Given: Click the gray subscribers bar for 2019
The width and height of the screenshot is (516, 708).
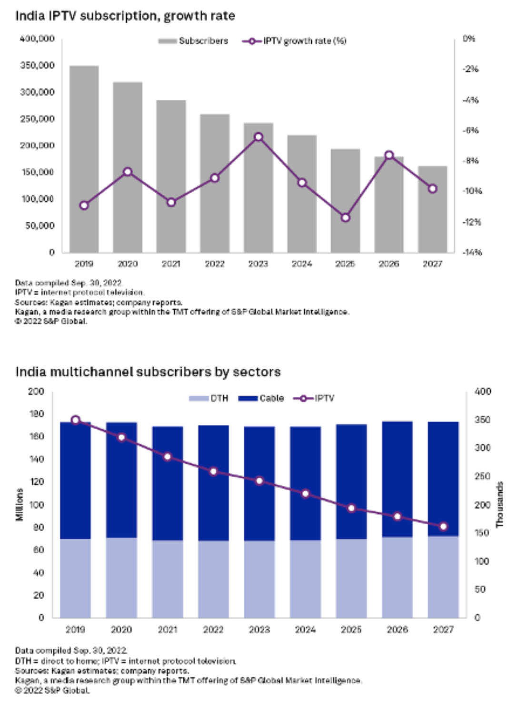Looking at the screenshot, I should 84,159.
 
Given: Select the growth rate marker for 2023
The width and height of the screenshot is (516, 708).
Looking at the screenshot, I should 258,137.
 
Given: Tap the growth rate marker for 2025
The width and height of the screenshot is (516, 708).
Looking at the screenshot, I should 346,217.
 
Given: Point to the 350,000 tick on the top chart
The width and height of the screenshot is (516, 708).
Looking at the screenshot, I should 37,65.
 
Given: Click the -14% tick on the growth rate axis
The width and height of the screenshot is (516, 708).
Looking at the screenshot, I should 472,253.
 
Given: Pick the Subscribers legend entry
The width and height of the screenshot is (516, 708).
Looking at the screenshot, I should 194,41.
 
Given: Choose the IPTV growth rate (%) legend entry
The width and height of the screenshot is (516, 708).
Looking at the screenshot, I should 295,41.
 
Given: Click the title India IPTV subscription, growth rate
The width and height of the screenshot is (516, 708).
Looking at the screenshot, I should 125,16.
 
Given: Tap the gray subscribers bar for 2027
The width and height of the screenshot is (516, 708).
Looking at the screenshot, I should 432,209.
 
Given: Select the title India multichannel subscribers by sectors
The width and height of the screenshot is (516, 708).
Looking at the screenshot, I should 148,372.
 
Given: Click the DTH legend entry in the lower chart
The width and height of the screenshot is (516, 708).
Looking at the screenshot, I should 209,398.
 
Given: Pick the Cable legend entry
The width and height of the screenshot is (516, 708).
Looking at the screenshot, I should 261,398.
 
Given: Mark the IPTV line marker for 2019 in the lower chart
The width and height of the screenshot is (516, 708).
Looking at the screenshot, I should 75,420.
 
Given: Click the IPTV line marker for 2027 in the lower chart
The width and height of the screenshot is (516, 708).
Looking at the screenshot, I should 443,527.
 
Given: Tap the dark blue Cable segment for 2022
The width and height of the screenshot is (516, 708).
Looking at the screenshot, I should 213,483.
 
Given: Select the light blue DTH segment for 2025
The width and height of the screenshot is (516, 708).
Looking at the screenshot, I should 351,578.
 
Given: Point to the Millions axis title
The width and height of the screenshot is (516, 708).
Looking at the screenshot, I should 20,504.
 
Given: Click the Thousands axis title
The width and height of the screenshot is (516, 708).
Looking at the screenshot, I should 499,504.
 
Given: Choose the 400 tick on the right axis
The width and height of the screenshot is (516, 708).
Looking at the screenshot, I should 483,392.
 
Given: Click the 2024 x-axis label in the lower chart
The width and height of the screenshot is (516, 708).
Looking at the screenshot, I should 305,629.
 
